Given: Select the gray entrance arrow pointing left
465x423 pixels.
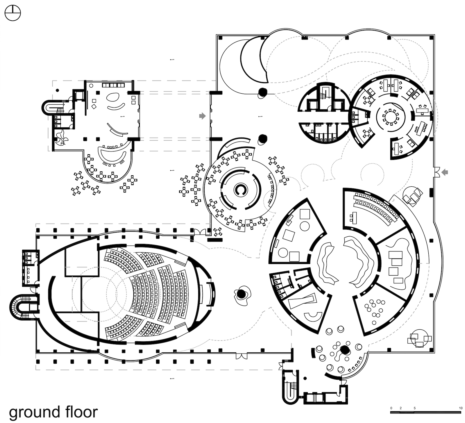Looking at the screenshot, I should (445, 172).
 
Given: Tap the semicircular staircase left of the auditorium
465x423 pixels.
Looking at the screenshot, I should (22, 308).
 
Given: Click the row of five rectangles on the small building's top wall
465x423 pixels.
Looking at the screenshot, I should (113, 85).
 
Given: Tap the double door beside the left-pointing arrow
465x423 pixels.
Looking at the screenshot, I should (436, 172).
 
